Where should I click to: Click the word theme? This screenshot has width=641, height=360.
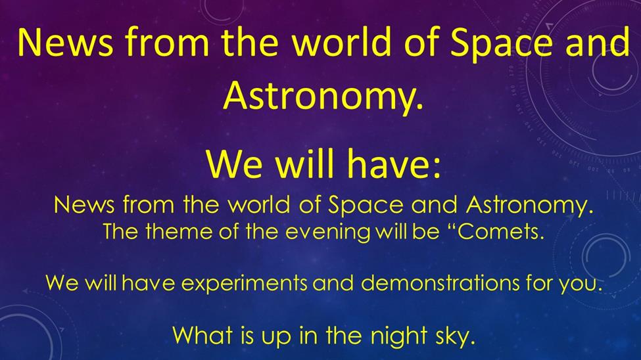179,231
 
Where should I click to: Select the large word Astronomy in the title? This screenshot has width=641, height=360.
323,95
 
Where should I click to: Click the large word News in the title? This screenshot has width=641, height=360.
65,41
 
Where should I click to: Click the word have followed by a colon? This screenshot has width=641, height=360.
394,164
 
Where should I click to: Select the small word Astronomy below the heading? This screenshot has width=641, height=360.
529,205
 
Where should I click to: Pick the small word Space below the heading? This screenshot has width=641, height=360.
366,206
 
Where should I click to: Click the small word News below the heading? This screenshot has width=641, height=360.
84,204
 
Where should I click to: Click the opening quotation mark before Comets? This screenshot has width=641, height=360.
449,226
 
